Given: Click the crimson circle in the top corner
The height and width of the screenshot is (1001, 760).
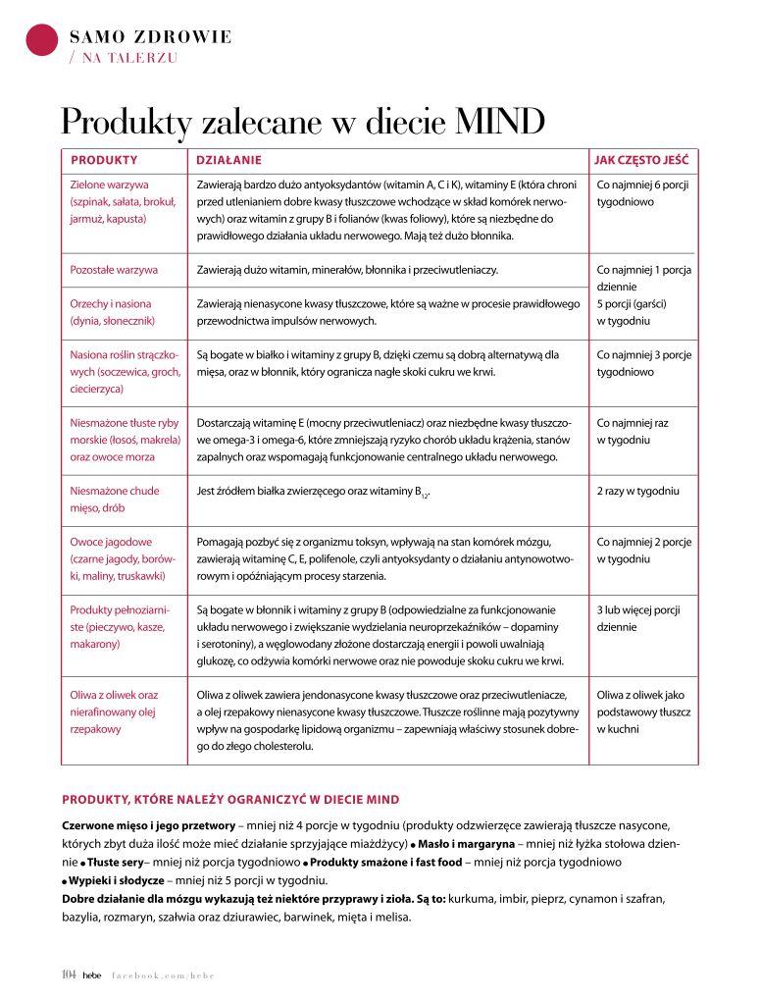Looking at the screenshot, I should tap(42, 38).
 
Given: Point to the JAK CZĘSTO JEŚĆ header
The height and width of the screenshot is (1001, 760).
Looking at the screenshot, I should tap(641, 159).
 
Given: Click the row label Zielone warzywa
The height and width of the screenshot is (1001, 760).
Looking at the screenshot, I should tap(109, 184).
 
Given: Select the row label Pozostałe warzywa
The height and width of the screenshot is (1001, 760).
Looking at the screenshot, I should tap(114, 269).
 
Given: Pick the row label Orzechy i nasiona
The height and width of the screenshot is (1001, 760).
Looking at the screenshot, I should tap(111, 304).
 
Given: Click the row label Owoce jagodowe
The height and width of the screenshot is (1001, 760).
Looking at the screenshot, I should tap(111, 542).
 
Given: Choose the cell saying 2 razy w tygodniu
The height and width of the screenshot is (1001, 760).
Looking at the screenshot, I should tap(637, 491).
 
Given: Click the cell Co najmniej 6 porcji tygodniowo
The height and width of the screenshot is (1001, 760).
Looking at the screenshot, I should tap(642, 192).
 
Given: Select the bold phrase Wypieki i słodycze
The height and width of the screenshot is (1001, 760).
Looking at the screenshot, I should tap(116, 880).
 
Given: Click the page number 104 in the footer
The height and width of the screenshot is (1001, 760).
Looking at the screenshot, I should tap(69, 975).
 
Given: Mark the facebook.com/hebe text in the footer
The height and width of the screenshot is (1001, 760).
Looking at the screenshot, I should tap(161, 975).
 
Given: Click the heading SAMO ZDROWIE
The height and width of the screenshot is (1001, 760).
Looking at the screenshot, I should tap(151, 37).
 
